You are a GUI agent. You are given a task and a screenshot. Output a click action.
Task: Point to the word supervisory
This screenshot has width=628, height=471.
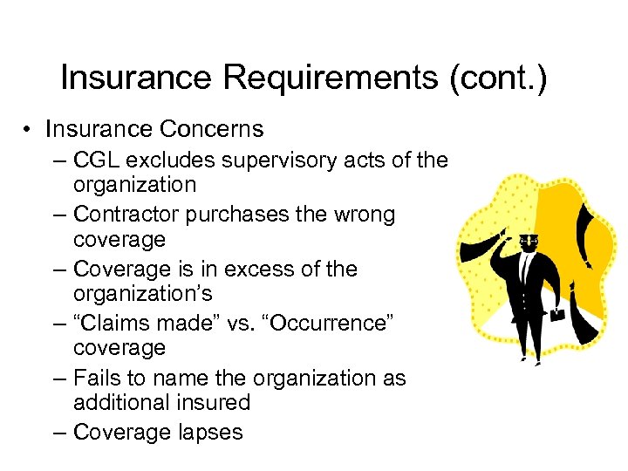(x=287, y=160)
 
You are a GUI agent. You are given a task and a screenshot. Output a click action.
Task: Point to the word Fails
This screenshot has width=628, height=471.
(x=99, y=379)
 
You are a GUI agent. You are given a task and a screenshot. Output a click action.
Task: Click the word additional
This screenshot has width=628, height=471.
(x=124, y=402)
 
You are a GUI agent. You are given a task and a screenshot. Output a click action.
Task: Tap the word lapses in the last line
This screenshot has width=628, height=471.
(x=208, y=433)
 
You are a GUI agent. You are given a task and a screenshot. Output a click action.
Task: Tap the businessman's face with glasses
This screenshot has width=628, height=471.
(x=526, y=242)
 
